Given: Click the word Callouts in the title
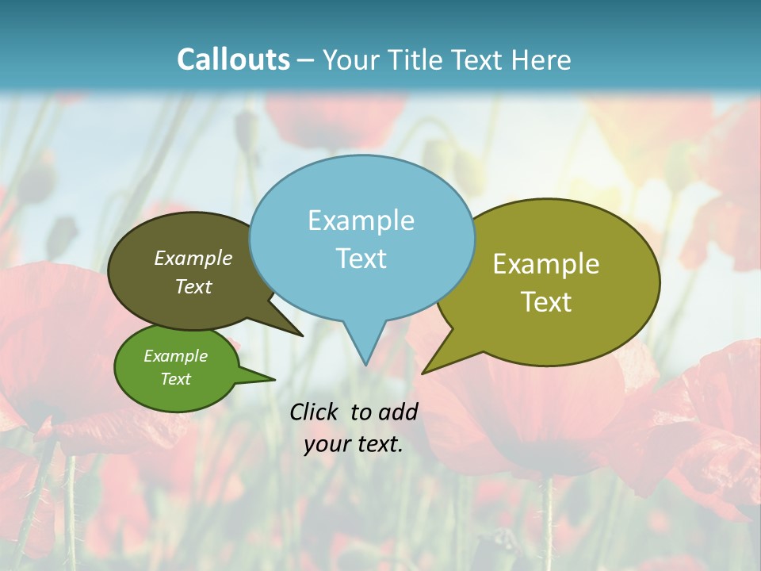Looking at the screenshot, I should [233, 59].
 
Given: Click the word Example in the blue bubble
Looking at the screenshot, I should [361, 220].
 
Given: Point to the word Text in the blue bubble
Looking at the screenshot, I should [361, 259].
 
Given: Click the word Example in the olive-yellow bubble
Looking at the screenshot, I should [546, 264].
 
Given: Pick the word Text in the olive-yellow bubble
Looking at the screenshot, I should [546, 302].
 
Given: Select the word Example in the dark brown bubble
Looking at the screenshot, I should [193, 259].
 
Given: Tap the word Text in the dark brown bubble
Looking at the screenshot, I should [193, 286].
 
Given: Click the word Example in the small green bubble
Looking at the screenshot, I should [175, 356].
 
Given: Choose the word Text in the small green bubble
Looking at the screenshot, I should [175, 379].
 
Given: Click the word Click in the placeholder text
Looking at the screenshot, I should [313, 412].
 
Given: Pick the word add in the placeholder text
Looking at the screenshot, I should [398, 412].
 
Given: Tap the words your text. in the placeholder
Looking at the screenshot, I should [354, 444].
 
